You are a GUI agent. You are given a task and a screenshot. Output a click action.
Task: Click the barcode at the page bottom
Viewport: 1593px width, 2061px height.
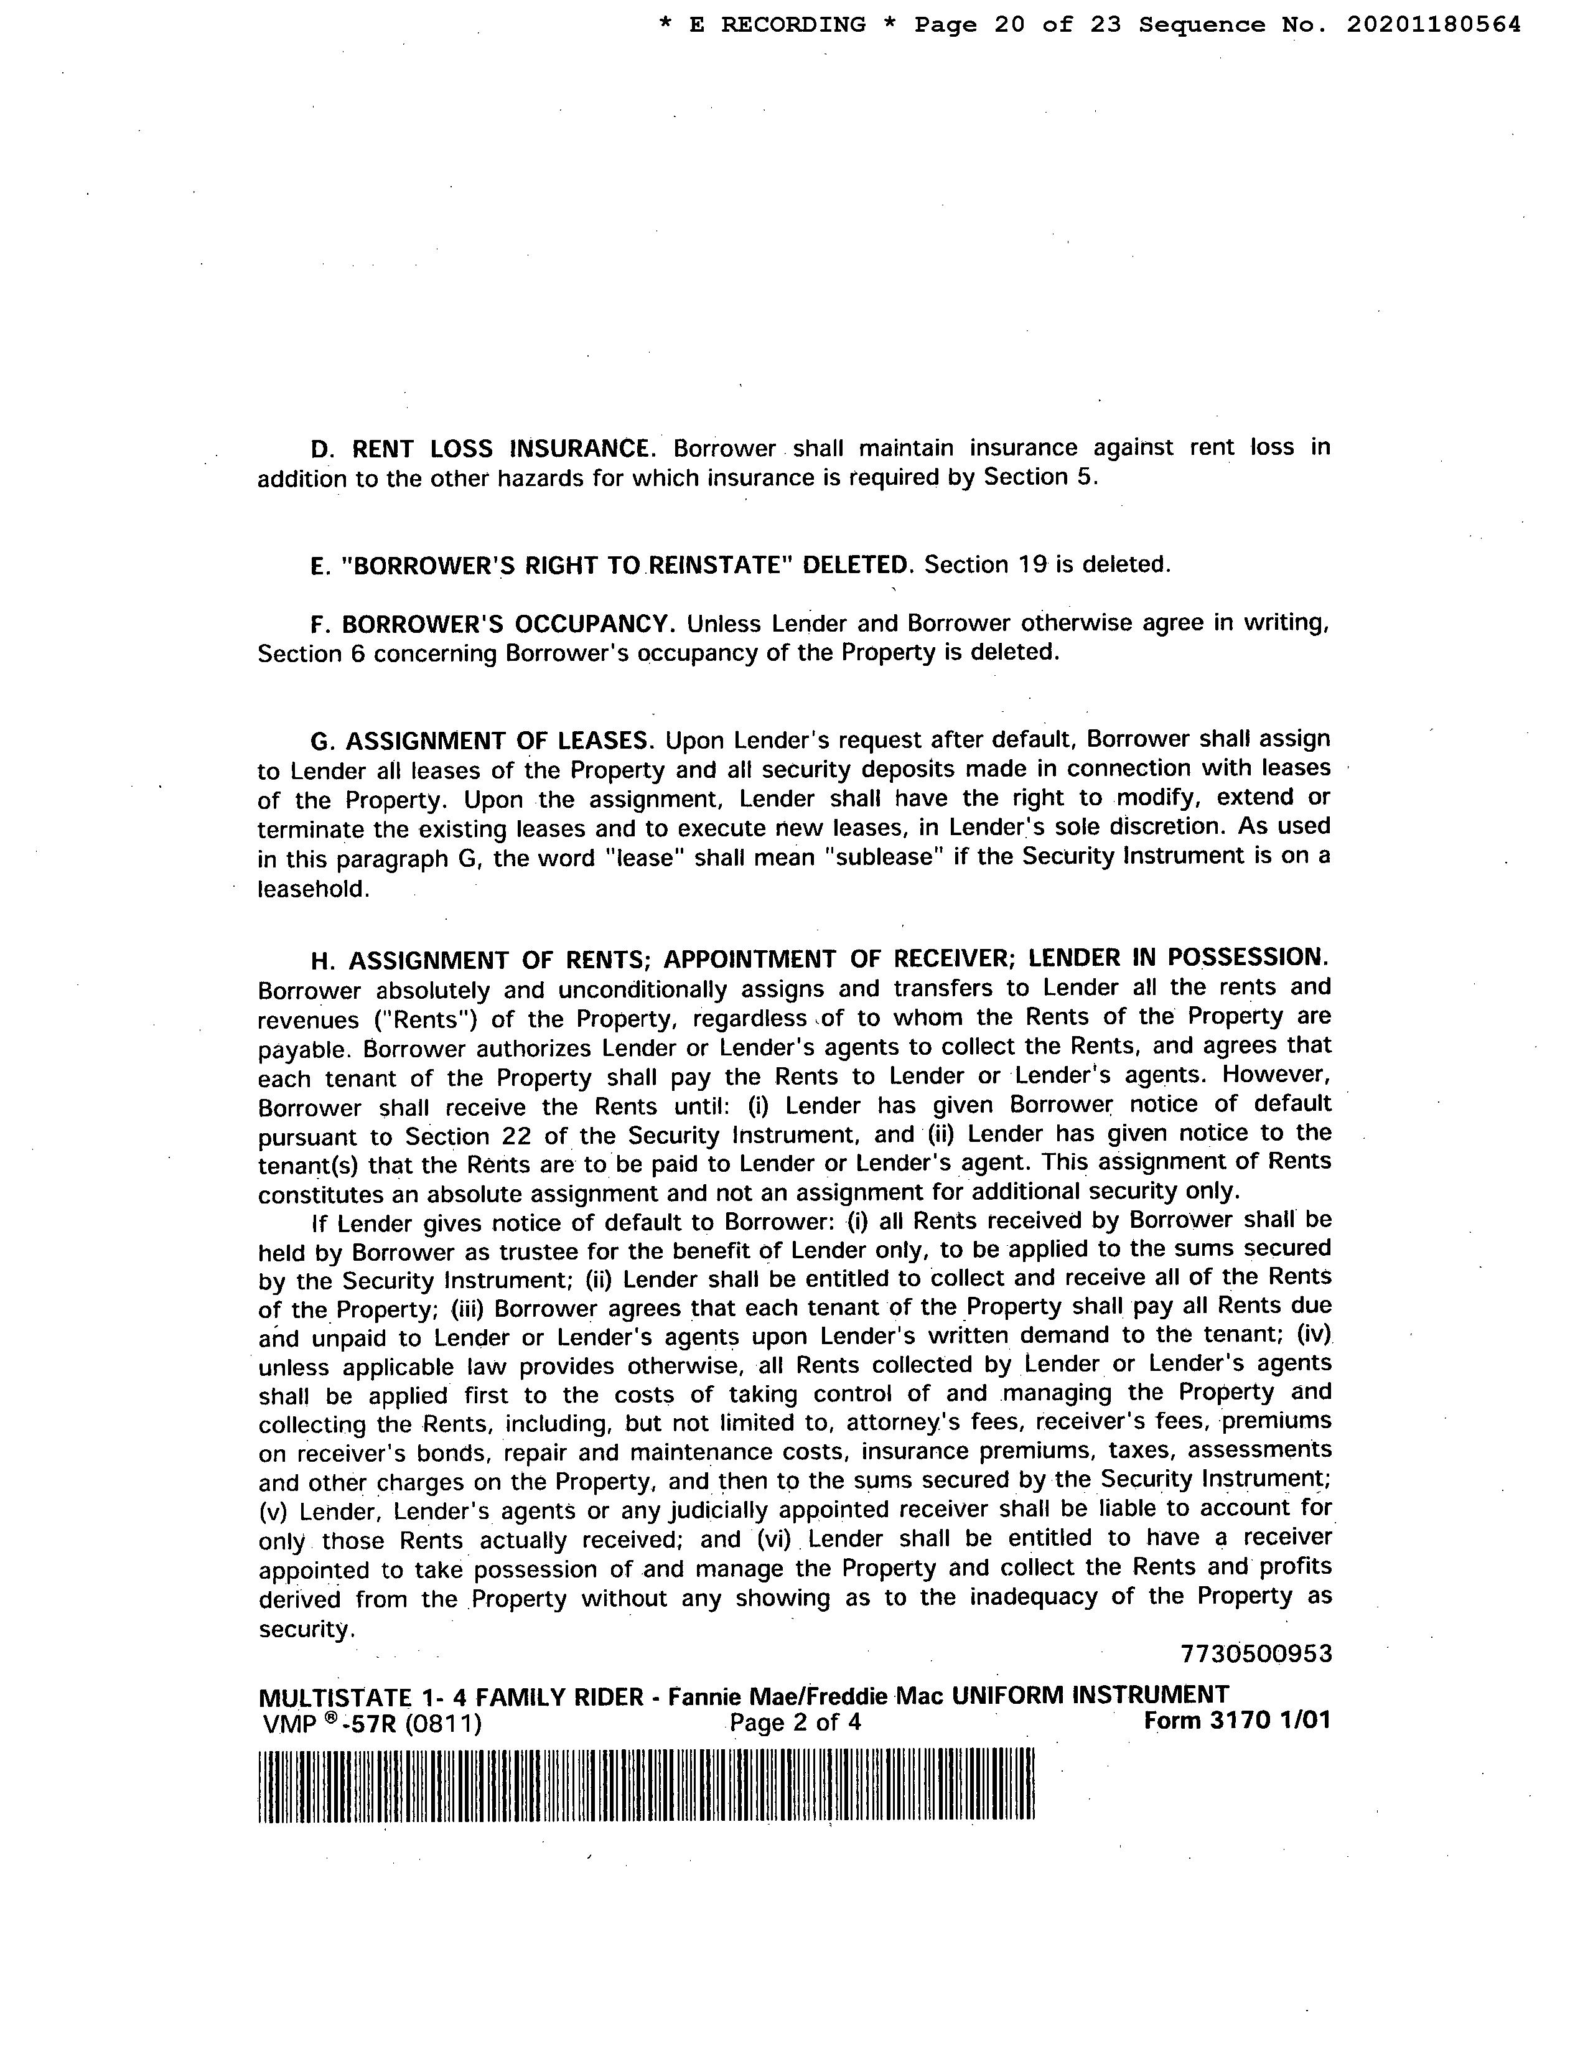point(647,1785)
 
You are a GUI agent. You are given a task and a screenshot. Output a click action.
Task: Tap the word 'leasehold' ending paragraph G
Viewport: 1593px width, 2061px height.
point(311,889)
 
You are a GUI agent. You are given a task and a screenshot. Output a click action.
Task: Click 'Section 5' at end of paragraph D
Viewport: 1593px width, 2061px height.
point(1039,477)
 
